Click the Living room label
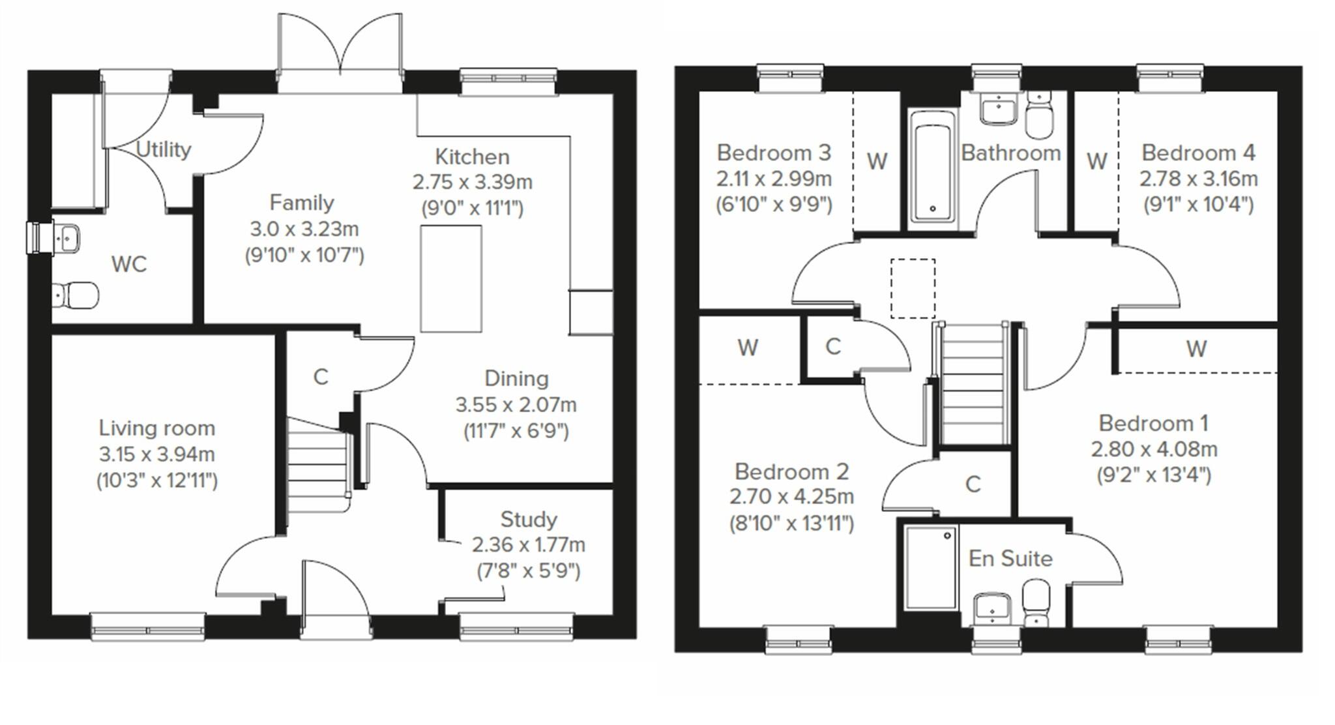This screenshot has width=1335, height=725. pos(156,428)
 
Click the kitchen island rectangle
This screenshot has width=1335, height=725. pos(451,278)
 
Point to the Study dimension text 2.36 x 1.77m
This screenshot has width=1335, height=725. pos(528,545)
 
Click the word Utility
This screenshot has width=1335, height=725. pos(163,150)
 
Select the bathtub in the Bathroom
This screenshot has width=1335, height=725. pos(932,167)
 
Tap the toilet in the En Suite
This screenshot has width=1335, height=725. pos(1035,603)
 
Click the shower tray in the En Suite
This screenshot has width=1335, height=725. pos(931,568)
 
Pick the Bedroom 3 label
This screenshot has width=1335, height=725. pos(774,153)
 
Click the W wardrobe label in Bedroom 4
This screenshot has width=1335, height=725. pos(1097,161)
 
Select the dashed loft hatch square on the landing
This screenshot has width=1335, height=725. pos(913,288)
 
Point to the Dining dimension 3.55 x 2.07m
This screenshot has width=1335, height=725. pos(516,406)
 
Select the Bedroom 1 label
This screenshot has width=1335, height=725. pos(1153,423)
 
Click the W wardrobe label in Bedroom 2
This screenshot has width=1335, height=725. pos(748,348)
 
